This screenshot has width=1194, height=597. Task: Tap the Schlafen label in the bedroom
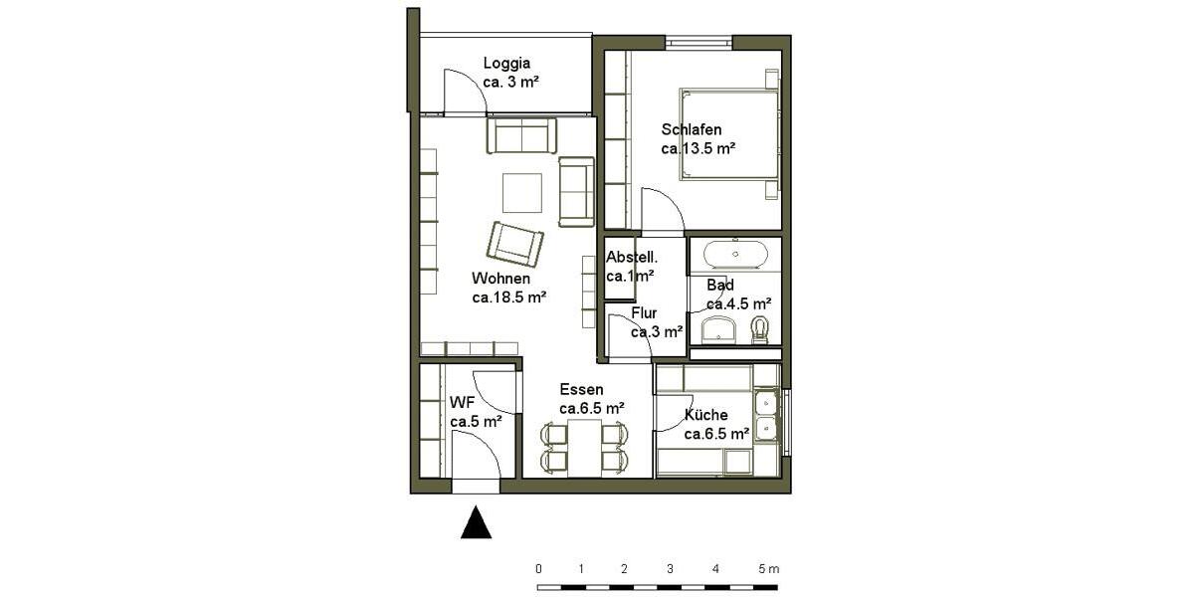click(x=691, y=129)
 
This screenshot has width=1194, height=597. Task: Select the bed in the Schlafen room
click(x=729, y=135)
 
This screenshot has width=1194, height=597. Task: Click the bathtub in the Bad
click(x=735, y=255)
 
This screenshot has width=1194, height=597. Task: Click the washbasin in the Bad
click(x=717, y=328)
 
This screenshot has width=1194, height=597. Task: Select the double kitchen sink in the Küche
click(x=766, y=416)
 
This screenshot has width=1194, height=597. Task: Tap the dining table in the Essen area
click(x=585, y=447)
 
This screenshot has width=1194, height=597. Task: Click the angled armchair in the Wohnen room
click(x=515, y=243)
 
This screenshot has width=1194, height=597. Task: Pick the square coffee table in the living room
click(x=522, y=193)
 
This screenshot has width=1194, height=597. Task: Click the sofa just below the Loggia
click(x=521, y=135)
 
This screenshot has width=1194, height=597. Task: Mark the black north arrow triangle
click(x=477, y=523)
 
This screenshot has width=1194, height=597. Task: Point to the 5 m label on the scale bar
click(x=768, y=569)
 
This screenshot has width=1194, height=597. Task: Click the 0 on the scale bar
click(x=538, y=569)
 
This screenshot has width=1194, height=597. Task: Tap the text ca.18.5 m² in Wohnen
click(x=509, y=297)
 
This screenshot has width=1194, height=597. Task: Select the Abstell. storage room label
click(x=632, y=257)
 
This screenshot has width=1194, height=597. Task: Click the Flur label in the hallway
click(x=644, y=313)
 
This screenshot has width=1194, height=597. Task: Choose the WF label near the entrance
click(x=462, y=403)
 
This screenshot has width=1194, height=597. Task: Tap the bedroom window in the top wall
click(x=698, y=42)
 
